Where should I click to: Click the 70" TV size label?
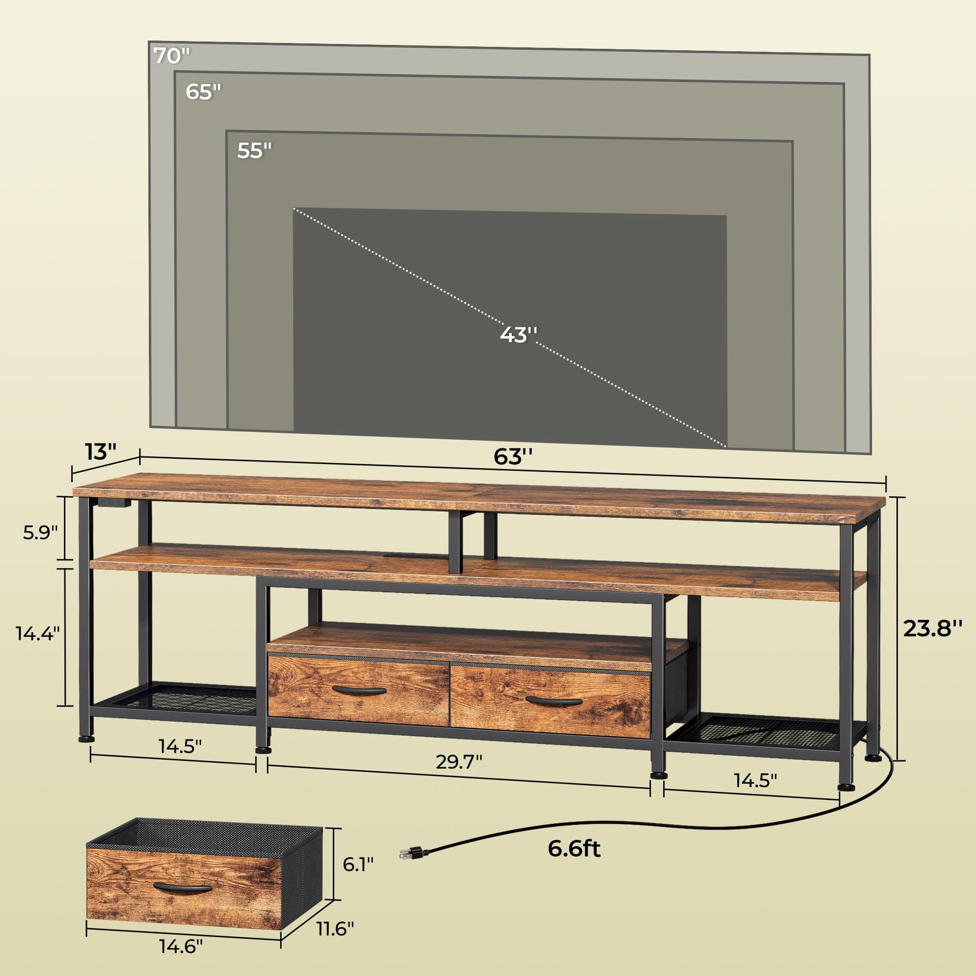click(x=172, y=55)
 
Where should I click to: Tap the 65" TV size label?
click(x=204, y=92)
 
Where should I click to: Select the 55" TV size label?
click(x=254, y=150)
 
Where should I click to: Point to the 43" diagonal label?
click(x=518, y=335)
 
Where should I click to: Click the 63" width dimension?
click(x=513, y=457)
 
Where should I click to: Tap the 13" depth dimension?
click(x=100, y=451)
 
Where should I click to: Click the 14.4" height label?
click(x=37, y=633)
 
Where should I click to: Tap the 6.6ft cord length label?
click(x=574, y=849)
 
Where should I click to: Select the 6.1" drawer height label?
click(x=358, y=864)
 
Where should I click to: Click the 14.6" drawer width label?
click(x=181, y=961)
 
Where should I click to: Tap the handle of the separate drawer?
click(x=182, y=888)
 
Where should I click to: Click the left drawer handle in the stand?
click(x=359, y=690)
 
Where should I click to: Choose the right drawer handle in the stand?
click(x=554, y=701)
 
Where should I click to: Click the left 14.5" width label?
click(x=180, y=746)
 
